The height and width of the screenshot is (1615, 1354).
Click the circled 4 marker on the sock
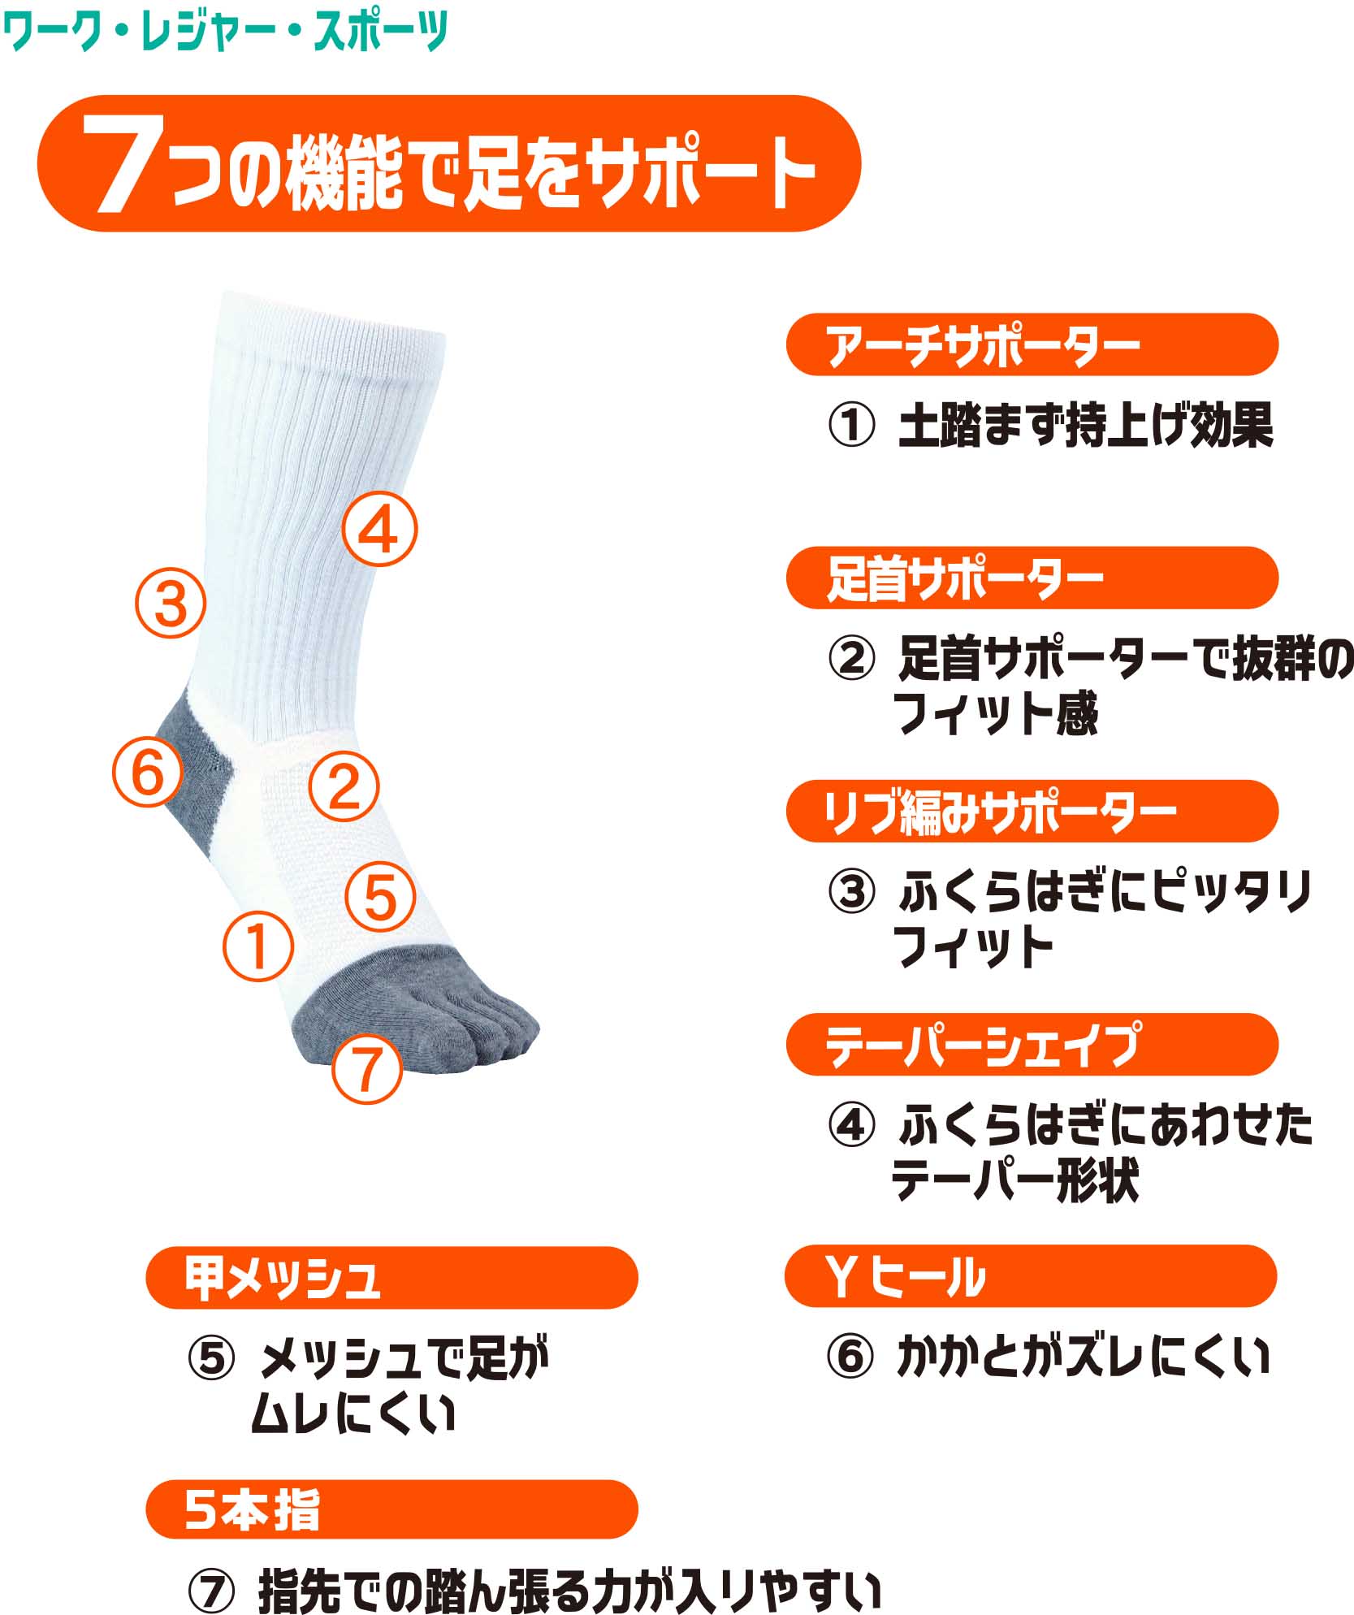[x=379, y=529]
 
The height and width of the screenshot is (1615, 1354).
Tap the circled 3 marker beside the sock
[x=170, y=602]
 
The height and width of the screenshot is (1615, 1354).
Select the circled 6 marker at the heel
[x=148, y=772]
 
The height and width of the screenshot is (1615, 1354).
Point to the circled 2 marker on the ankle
[x=344, y=786]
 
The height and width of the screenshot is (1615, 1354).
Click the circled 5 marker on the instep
[x=380, y=897]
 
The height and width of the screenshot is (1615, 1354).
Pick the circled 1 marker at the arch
[x=258, y=946]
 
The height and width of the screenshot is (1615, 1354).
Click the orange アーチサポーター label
[x=1032, y=344]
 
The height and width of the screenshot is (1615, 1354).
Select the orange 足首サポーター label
[x=1032, y=578]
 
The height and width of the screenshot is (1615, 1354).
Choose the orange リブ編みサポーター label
[x=1032, y=811]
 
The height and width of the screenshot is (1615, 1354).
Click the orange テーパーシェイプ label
[x=1032, y=1044]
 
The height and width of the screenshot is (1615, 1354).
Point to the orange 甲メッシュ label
[x=391, y=1278]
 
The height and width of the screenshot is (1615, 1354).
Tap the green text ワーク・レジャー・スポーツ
[x=226, y=31]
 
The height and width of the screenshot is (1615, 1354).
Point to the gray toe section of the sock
[x=414, y=1004]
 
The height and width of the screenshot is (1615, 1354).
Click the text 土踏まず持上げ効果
[x=1085, y=426]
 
